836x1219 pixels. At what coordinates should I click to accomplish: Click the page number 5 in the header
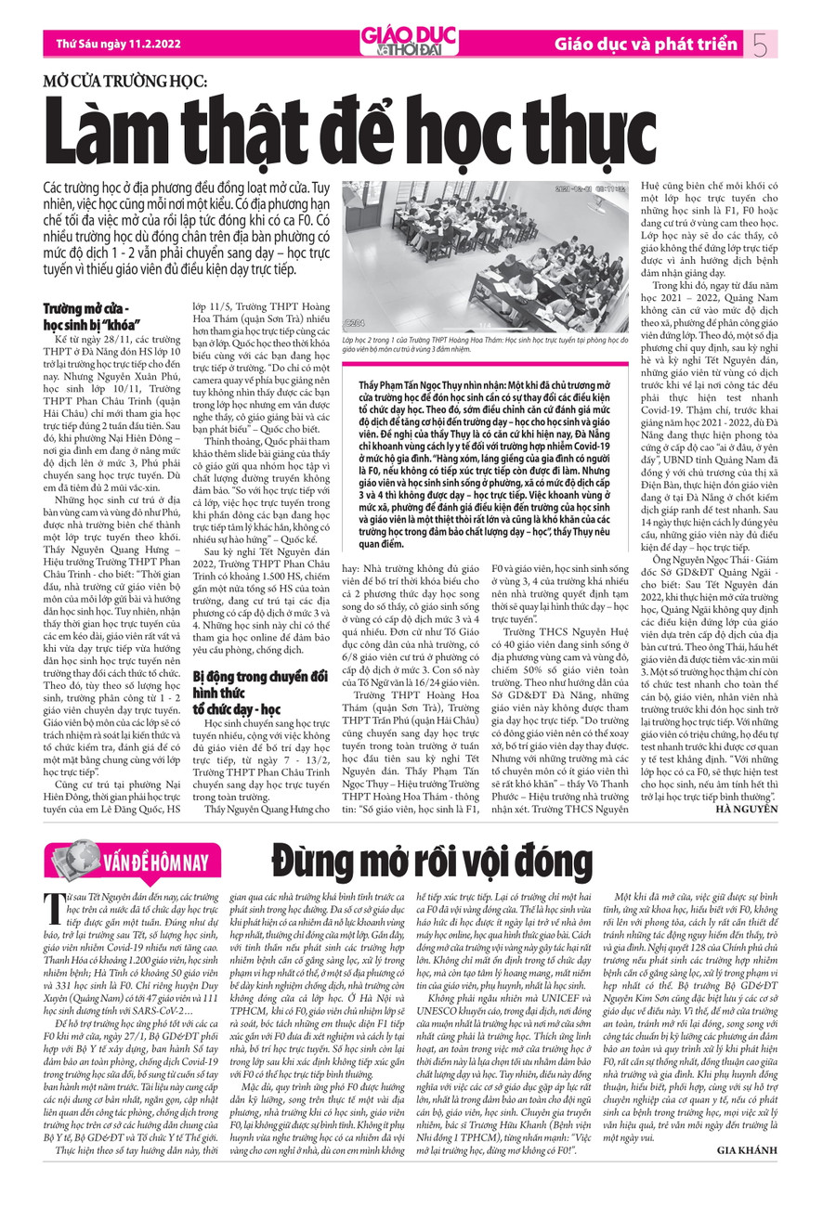pos(762,43)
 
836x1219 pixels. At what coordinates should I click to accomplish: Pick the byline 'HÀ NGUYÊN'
pos(747,809)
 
